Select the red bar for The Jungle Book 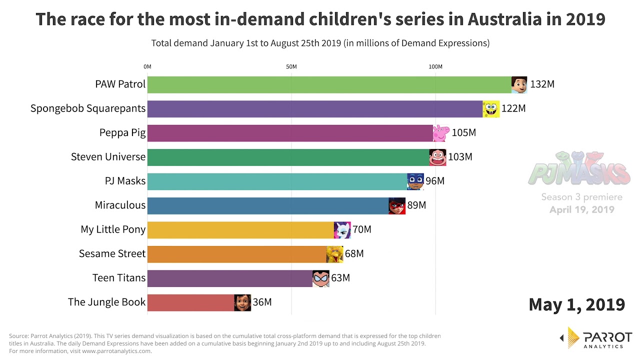coord(190,302)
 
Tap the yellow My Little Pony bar coord(240,230)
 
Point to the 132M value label coord(542,84)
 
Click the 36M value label coord(262,302)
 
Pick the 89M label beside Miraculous coord(416,205)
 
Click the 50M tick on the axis coord(291,67)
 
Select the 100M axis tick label coord(435,67)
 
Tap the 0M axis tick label coord(147,67)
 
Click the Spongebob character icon coord(491,108)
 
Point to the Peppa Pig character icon coord(440,133)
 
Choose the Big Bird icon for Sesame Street coord(334,254)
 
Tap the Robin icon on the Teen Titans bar coord(321,278)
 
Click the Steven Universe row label coord(108,157)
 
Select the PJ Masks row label coord(125,181)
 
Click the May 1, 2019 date coord(576,304)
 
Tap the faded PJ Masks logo coord(579,169)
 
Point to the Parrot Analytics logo coord(596,338)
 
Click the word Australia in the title coord(504,19)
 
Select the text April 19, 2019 coord(581,210)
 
